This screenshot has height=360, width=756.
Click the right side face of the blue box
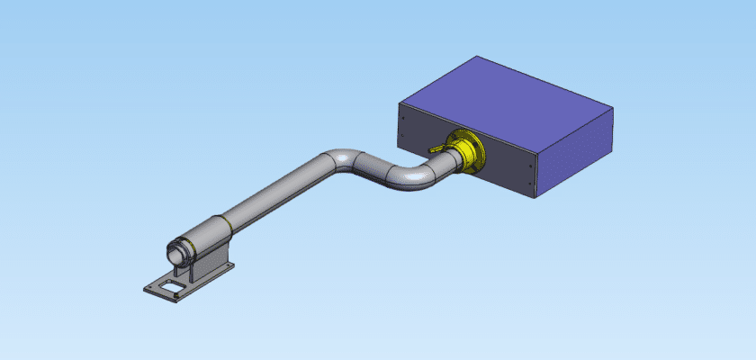click(x=576, y=148)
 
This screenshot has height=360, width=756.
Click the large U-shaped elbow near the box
click(x=416, y=175)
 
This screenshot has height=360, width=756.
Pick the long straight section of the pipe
click(x=270, y=193)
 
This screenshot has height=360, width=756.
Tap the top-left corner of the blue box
click(x=398, y=104)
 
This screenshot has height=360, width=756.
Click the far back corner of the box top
click(x=475, y=57)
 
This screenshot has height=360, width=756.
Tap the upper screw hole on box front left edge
click(x=402, y=115)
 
